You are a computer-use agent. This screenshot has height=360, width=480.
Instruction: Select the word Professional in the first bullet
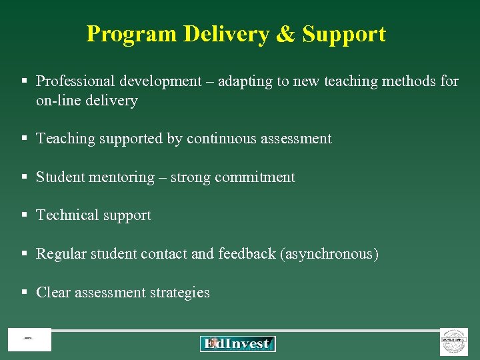(76, 81)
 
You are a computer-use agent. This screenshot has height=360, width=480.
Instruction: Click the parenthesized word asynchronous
(330, 254)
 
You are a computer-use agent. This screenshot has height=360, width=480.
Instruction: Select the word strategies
(179, 293)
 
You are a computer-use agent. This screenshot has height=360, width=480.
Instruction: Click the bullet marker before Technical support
(24, 215)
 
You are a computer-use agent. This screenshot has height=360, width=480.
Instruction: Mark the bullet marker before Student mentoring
(24, 177)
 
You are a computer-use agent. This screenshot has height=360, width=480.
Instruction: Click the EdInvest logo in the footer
(237, 343)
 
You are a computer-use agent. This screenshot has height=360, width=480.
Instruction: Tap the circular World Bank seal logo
(453, 342)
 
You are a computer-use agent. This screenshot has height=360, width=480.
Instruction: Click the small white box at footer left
(29, 340)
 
